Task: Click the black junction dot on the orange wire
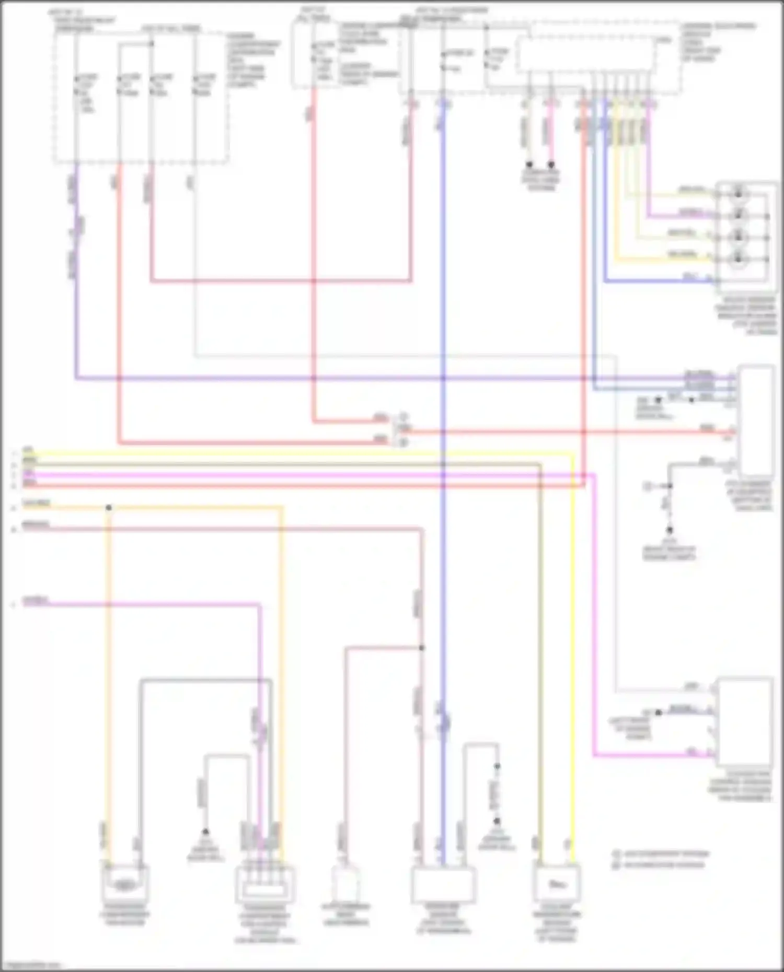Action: (109, 508)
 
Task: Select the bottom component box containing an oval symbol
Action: (124, 884)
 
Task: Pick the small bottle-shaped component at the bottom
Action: (346, 884)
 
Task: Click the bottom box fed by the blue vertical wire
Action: (443, 884)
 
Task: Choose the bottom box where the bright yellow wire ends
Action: (557, 884)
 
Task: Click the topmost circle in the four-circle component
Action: (739, 193)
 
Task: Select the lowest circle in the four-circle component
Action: (739, 257)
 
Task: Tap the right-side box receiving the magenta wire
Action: (744, 721)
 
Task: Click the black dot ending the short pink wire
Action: (551, 165)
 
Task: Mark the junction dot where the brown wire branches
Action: (422, 648)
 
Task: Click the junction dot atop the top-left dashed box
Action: (152, 43)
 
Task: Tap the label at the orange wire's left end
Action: (36, 503)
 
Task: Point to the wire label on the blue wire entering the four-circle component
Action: (690, 276)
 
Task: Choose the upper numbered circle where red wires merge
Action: (403, 417)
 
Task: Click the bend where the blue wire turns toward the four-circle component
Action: (605, 282)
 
